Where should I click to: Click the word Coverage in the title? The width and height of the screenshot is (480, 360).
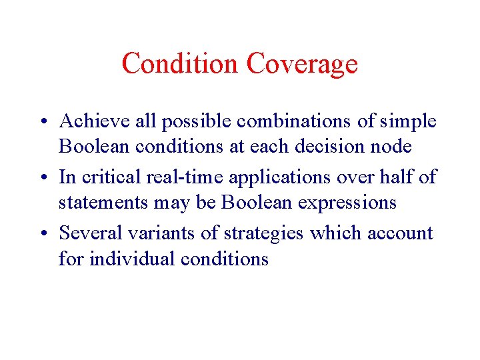(x=301, y=64)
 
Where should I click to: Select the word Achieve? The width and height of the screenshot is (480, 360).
(x=95, y=121)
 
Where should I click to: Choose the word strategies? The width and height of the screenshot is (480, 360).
(x=264, y=233)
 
